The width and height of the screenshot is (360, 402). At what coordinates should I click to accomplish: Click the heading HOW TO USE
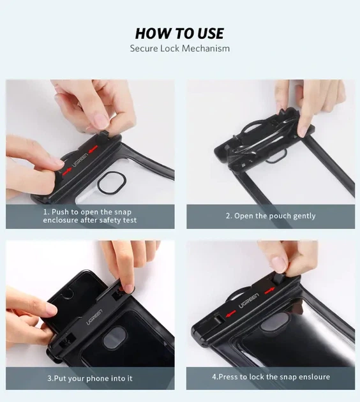(179, 34)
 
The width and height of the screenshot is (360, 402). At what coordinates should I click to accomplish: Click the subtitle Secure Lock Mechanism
(180, 48)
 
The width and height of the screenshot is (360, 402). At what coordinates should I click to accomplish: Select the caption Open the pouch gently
(271, 216)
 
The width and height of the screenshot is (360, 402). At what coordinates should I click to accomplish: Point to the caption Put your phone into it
(90, 378)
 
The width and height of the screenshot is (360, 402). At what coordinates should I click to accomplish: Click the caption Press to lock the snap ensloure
(271, 376)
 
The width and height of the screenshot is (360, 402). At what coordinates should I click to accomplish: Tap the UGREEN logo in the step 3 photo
(94, 317)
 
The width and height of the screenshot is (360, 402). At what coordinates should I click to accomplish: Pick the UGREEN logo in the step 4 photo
(249, 301)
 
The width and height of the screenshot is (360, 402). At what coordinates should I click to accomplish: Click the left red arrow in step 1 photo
(67, 172)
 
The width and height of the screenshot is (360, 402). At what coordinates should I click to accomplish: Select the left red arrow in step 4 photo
(231, 313)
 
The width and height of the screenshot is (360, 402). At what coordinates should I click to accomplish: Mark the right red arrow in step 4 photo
(269, 291)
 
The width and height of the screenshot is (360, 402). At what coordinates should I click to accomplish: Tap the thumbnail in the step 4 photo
(280, 264)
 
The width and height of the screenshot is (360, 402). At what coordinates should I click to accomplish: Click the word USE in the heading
(211, 34)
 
